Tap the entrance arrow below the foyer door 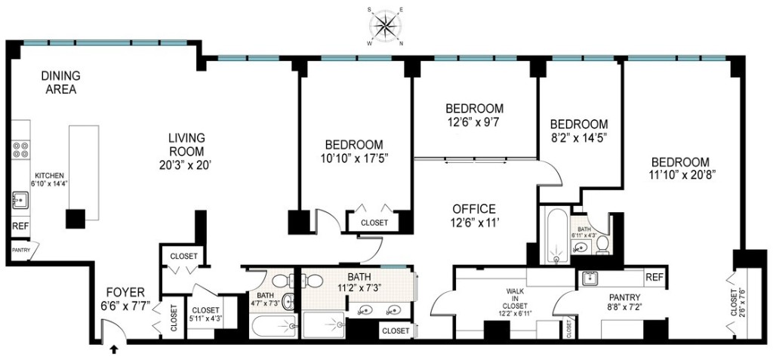point(114,349)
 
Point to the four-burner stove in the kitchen point(20,150)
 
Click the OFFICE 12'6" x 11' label point(473,215)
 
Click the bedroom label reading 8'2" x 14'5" point(578,131)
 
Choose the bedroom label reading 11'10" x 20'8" point(680,168)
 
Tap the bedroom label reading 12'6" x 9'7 point(473,113)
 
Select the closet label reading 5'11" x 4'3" point(205,314)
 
